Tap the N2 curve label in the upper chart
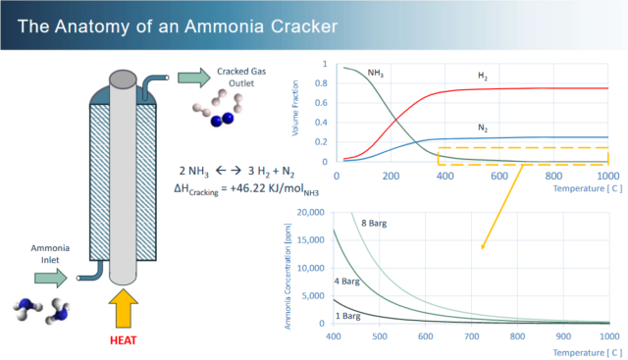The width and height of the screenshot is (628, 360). coord(485,127)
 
